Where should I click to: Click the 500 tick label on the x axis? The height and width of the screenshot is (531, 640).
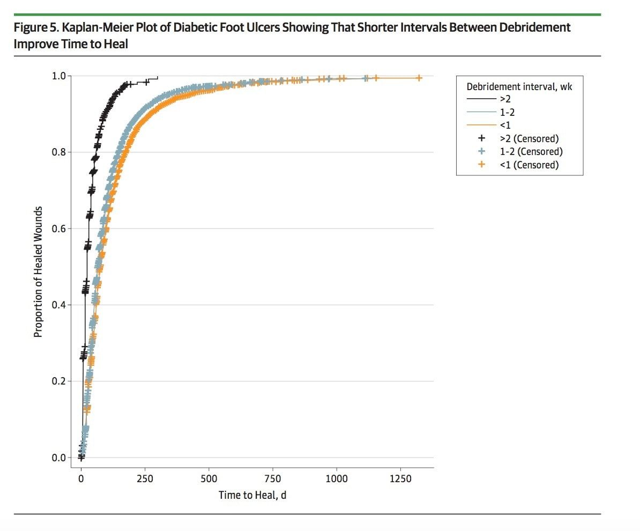pyautogui.click(x=209, y=478)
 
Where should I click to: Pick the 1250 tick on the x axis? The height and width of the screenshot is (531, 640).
pyautogui.click(x=400, y=478)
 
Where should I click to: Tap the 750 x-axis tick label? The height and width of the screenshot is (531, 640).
pyautogui.click(x=272, y=478)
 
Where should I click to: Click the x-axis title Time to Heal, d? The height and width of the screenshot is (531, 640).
pyautogui.click(x=252, y=495)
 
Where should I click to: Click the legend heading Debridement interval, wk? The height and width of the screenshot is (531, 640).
pyautogui.click(x=519, y=86)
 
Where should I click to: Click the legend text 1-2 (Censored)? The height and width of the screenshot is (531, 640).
pyautogui.click(x=531, y=152)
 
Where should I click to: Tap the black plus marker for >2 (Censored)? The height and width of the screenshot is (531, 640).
pyautogui.click(x=481, y=139)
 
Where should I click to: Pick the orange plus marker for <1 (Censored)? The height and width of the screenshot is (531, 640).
pyautogui.click(x=481, y=165)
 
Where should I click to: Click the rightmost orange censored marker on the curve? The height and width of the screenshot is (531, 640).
pyautogui.click(x=419, y=78)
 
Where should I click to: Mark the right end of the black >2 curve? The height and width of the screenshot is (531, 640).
pyautogui.click(x=158, y=78)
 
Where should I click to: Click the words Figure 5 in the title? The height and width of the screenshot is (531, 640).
pyautogui.click(x=36, y=27)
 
